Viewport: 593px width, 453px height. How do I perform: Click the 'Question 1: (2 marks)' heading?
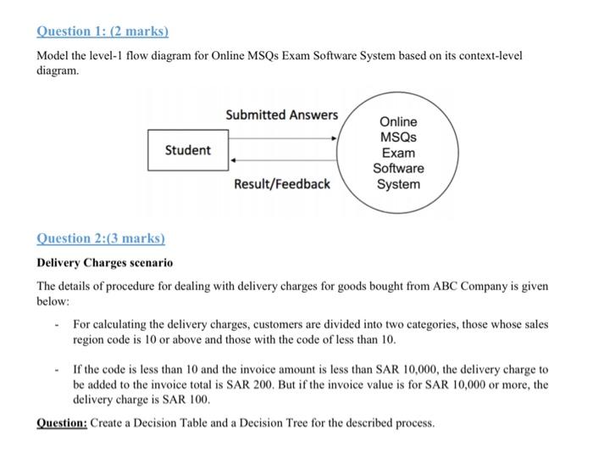(103, 31)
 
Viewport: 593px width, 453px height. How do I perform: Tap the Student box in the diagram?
(187, 150)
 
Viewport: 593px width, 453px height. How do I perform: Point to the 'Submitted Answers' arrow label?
(281, 115)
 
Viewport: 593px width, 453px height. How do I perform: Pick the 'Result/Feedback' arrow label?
(282, 183)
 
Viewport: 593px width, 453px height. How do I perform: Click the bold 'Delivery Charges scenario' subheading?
(104, 263)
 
